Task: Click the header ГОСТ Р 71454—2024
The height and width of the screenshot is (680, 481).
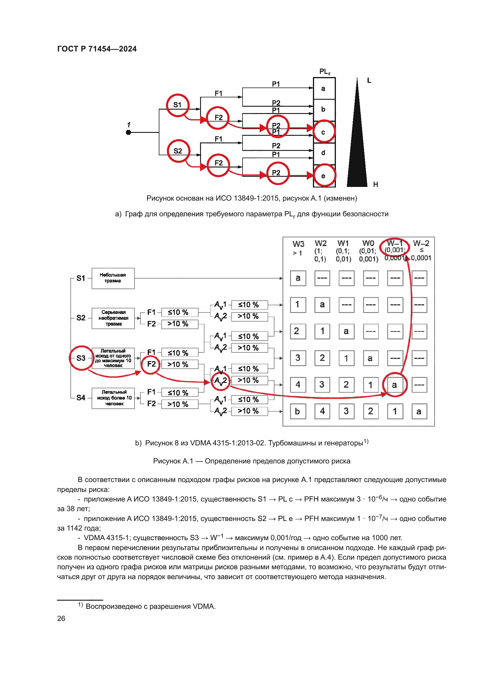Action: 97,49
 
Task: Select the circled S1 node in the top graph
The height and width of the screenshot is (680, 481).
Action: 177,105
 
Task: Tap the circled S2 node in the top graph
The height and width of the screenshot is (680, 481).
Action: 178,151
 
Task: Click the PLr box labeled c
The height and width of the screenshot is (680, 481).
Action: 324,132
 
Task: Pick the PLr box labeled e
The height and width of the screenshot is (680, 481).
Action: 324,176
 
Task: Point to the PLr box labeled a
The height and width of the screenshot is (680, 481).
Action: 324,89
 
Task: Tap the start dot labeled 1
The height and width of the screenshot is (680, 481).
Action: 128,132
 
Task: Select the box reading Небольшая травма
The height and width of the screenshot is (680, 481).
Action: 113,278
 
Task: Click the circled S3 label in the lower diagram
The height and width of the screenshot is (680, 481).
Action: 81,358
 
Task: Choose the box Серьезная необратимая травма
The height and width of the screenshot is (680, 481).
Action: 113,318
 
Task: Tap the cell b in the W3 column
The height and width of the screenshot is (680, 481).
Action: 298,411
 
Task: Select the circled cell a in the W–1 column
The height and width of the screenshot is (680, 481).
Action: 395,385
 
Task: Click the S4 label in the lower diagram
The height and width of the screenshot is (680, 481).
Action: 81,397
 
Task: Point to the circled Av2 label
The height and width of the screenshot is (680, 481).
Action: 221,381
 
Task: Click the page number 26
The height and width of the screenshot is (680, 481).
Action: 61,618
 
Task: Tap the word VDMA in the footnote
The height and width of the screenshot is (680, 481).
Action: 204,606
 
